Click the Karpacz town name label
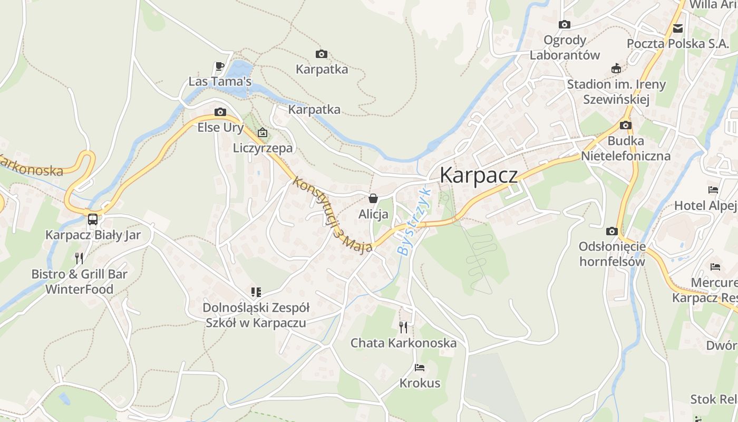(479, 175)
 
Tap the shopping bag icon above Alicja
(373, 198)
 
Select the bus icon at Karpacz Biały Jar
(93, 219)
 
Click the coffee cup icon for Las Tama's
(220, 66)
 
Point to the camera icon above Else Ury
(220, 112)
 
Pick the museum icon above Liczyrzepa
(262, 132)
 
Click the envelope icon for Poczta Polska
(677, 28)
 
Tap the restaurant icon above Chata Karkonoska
(403, 327)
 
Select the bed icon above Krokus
(420, 367)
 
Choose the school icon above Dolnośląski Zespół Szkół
(256, 292)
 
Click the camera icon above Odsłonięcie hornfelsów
(612, 231)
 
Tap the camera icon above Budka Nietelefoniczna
(626, 125)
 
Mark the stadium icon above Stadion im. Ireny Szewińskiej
(616, 68)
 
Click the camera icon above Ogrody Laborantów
(565, 24)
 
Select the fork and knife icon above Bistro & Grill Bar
(79, 258)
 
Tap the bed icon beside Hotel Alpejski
(713, 190)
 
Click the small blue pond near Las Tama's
(240, 69)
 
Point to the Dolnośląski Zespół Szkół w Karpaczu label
(256, 315)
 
